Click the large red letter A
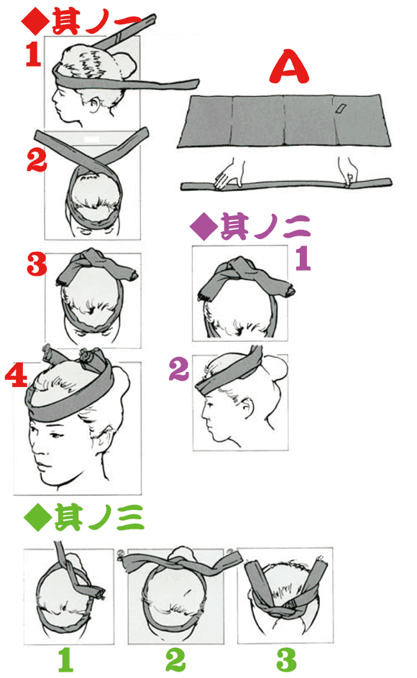click(x=292, y=68)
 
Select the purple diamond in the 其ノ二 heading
click(x=201, y=228)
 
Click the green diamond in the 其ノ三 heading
click(x=35, y=518)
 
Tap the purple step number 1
click(x=303, y=258)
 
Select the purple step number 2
click(x=179, y=370)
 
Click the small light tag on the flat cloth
click(x=339, y=108)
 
